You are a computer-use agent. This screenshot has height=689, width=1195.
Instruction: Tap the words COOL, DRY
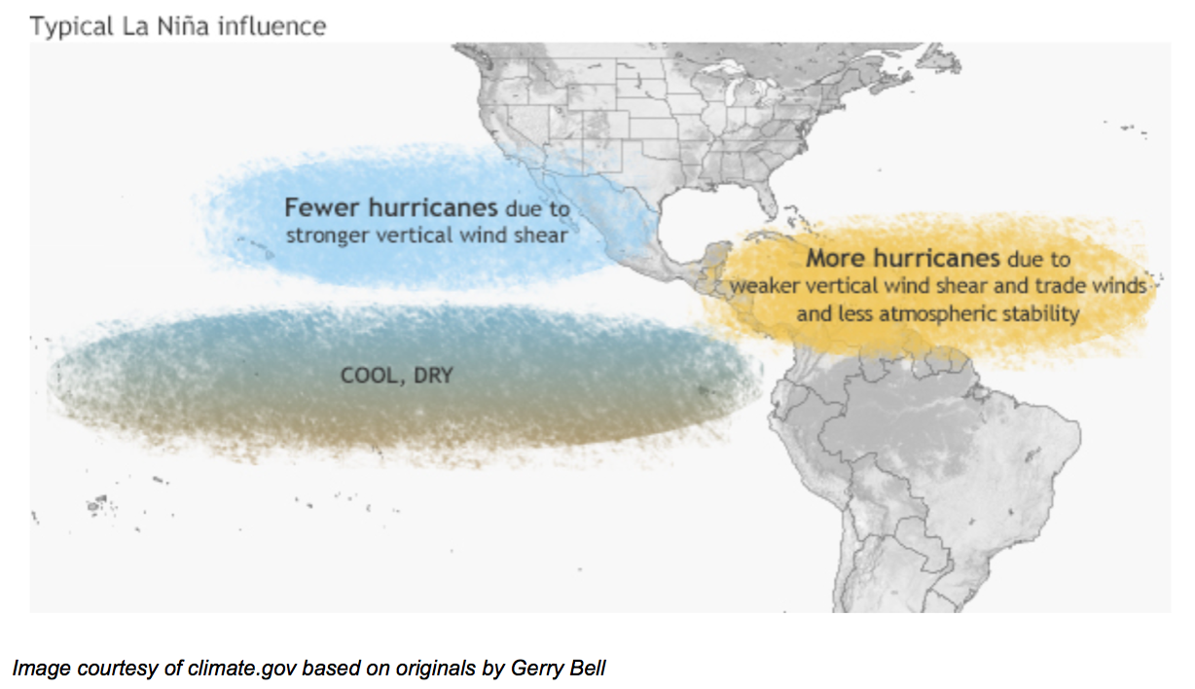click(397, 376)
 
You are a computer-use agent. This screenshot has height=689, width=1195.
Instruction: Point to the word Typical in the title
click(72, 26)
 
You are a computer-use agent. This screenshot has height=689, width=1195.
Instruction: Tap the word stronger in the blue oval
click(328, 236)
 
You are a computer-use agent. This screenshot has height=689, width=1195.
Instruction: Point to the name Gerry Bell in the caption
click(558, 668)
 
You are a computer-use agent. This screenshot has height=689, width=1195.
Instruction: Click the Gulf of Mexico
click(705, 224)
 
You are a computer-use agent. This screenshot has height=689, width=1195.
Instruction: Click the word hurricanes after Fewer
click(433, 207)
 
